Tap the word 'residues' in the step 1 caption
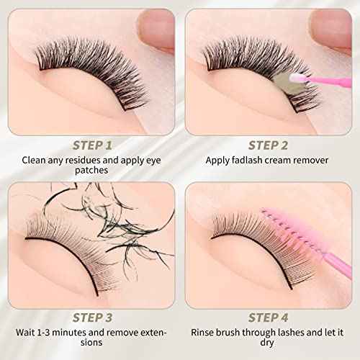click(x=74, y=161)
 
